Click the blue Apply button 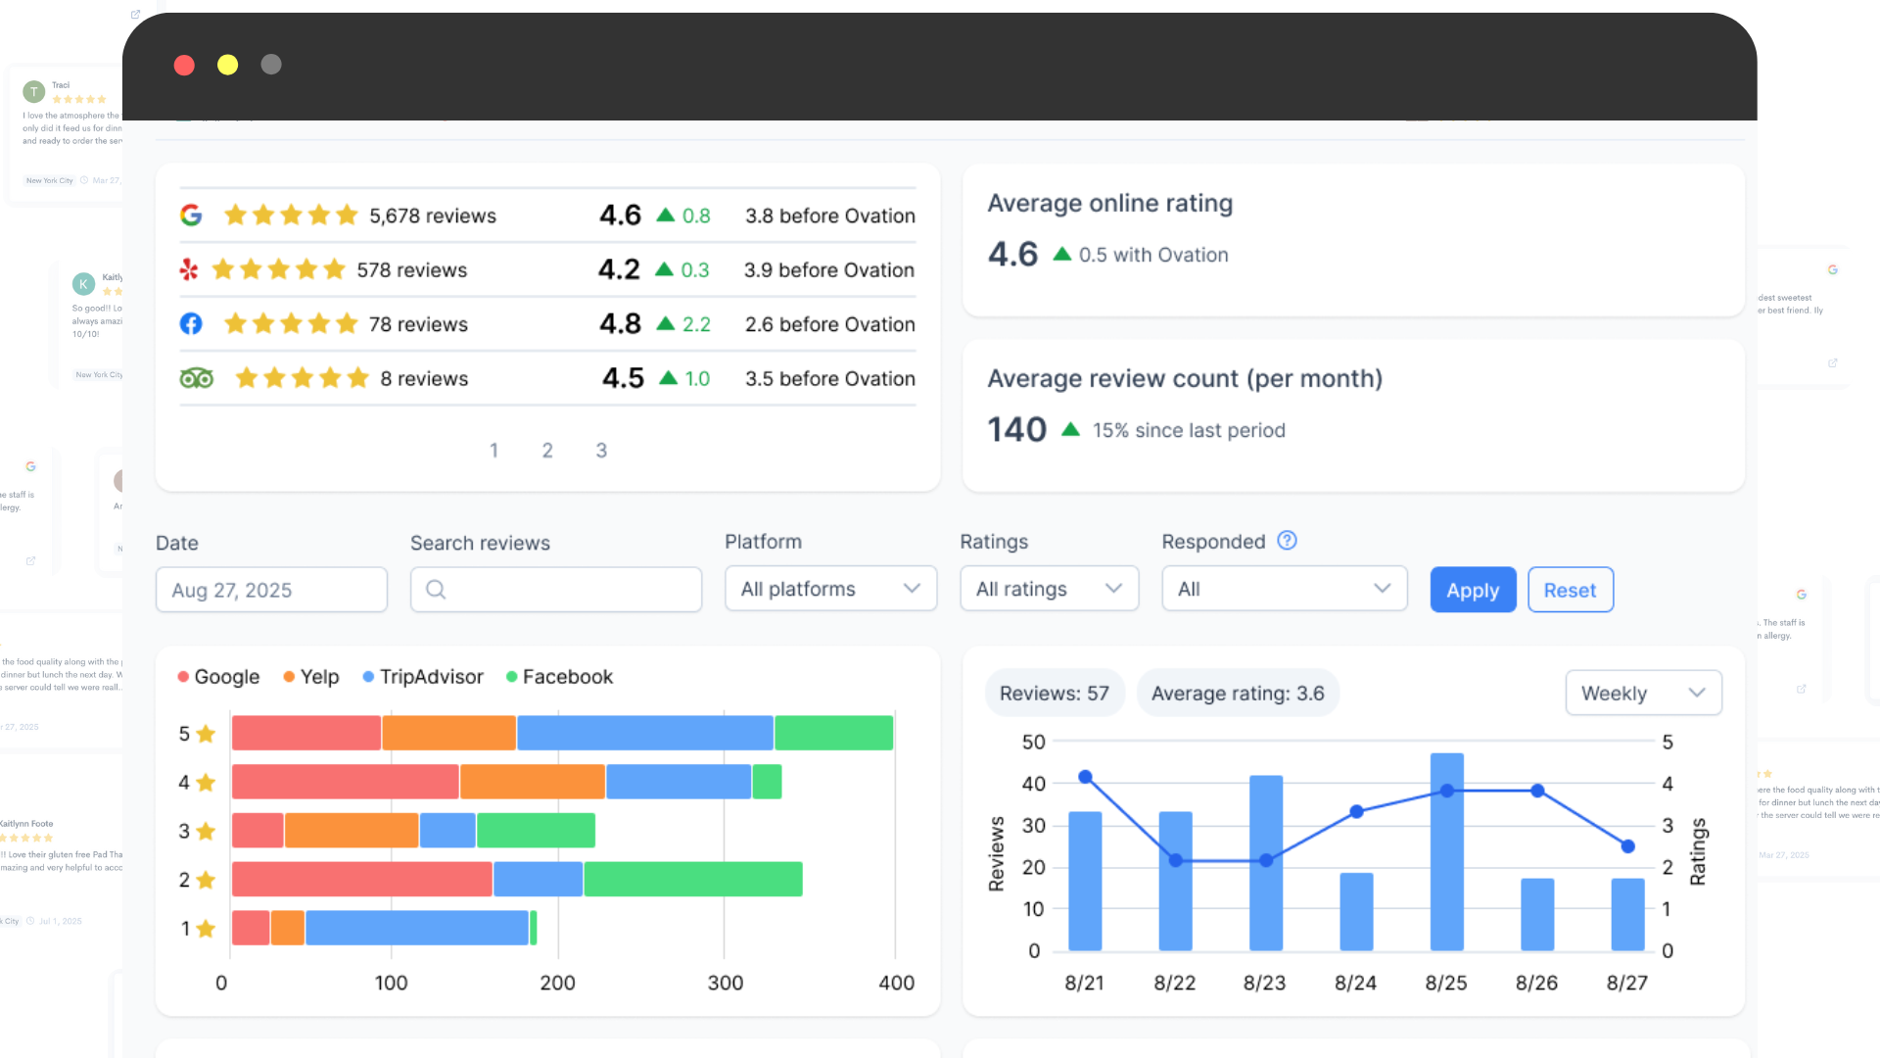point(1473,590)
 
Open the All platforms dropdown point(830,589)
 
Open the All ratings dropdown point(1049,589)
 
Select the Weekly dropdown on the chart point(1643,694)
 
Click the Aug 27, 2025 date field point(271,590)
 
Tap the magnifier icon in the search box point(436,590)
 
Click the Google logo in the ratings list point(191,216)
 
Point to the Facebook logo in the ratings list point(191,324)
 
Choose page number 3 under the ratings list point(601,451)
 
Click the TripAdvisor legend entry point(423,677)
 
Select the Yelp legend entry point(311,677)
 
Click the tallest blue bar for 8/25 point(1446,851)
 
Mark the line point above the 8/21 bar point(1085,777)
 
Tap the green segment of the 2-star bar point(692,880)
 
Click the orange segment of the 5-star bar point(448,733)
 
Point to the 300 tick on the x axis point(725,983)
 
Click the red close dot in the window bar point(184,65)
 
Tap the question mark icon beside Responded point(1287,541)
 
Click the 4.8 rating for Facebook point(620,324)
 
